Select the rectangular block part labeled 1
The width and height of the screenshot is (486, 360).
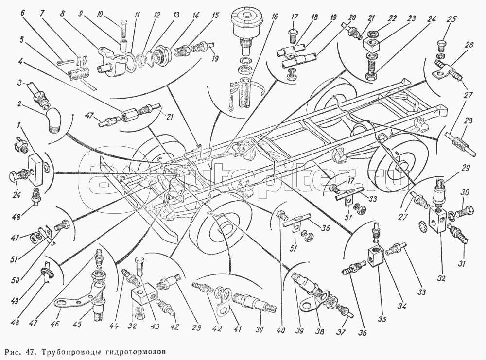36,164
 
